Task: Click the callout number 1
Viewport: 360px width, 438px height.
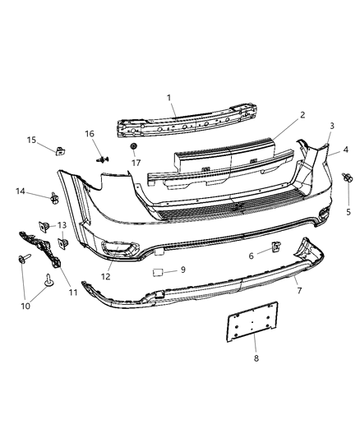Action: [x=170, y=98]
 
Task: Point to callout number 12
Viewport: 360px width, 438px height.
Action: [x=105, y=276]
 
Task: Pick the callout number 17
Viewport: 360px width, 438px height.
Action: [x=135, y=162]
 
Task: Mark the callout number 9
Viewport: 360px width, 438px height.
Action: [x=183, y=269]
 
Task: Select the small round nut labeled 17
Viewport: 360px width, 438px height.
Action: [x=132, y=146]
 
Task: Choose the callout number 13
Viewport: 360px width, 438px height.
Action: [x=62, y=224]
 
